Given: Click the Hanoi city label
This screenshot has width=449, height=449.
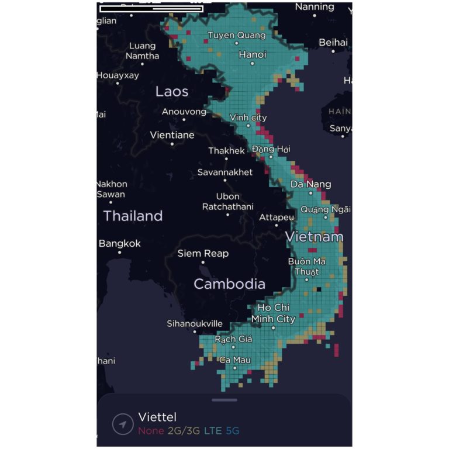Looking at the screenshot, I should click(x=253, y=54).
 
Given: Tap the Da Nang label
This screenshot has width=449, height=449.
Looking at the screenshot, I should click(x=311, y=184).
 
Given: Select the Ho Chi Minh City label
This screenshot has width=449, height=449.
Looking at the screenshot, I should click(x=274, y=313).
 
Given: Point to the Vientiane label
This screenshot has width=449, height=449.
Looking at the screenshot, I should click(x=172, y=135).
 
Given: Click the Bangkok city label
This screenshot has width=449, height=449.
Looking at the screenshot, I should click(x=120, y=243).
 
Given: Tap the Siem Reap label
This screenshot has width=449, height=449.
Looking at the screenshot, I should click(x=203, y=254).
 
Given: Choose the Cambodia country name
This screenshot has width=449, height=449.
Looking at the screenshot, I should click(x=229, y=284).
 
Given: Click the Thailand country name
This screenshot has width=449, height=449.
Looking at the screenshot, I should click(x=133, y=216).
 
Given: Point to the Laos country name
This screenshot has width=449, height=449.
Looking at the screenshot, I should click(x=172, y=92).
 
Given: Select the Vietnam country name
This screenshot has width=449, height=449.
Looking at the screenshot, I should click(x=314, y=237).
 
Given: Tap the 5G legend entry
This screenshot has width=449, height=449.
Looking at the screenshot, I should click(x=232, y=431).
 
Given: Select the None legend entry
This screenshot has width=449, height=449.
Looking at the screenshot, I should click(x=151, y=431).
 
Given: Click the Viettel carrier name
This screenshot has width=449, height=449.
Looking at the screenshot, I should click(x=157, y=417).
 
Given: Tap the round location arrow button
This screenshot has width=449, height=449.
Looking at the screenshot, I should click(x=123, y=424).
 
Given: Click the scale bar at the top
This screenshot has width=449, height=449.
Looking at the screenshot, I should click(x=151, y=9).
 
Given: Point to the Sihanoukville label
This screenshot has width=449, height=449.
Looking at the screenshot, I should click(x=195, y=323).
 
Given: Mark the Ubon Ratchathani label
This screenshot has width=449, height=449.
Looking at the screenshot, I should click(x=227, y=202).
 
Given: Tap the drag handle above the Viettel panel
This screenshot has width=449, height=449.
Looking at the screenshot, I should click(x=224, y=400).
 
